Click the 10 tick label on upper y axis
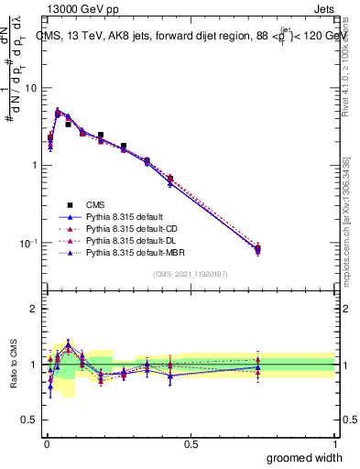coord(30,88)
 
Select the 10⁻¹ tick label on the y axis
coord(27,242)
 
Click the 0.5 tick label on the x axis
coord(191,444)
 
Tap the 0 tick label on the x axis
coord(47,444)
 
